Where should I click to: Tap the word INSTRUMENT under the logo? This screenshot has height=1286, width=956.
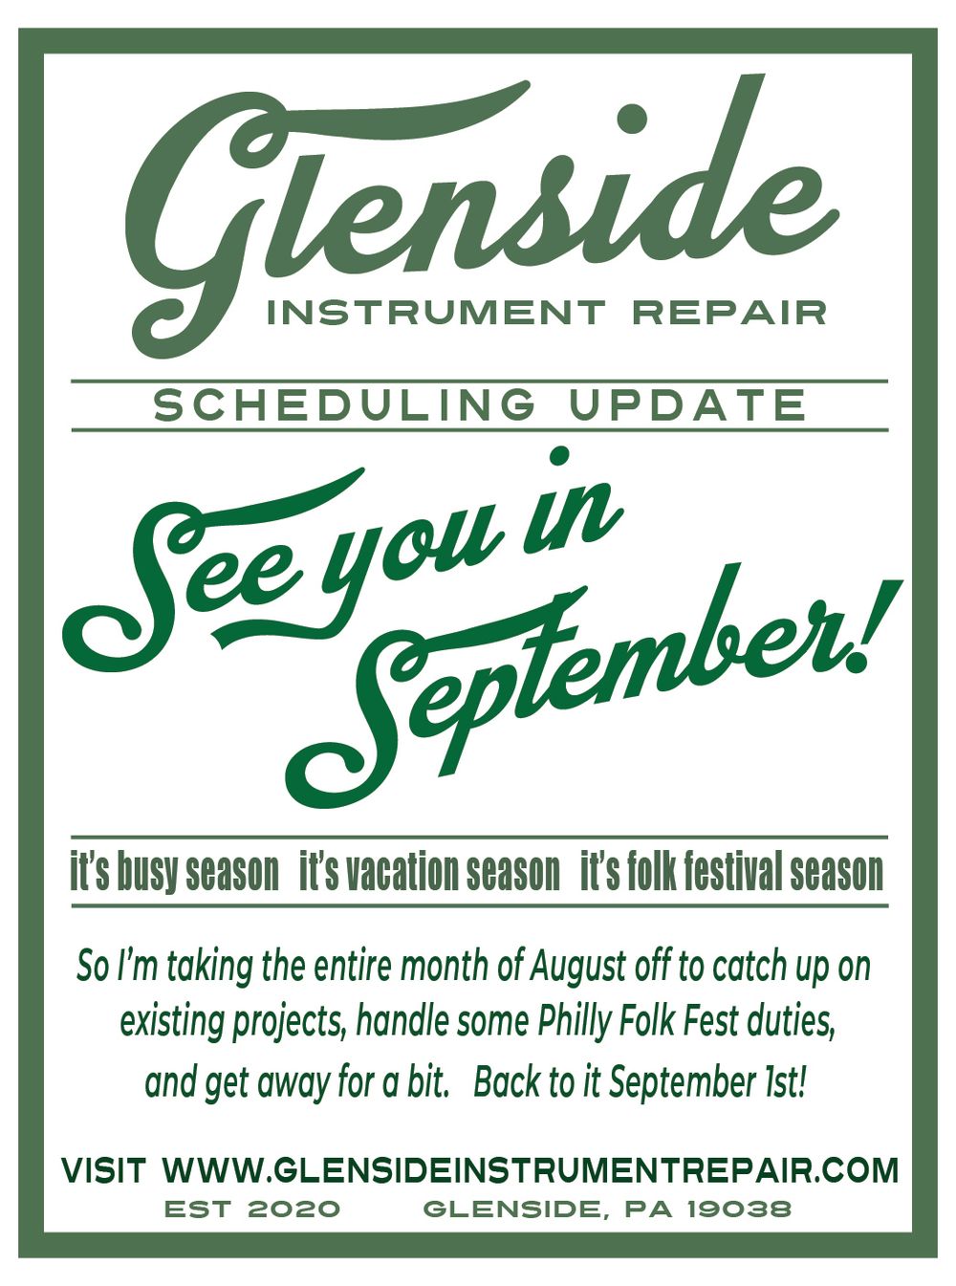(x=436, y=313)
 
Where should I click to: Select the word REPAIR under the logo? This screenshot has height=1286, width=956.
(x=728, y=313)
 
